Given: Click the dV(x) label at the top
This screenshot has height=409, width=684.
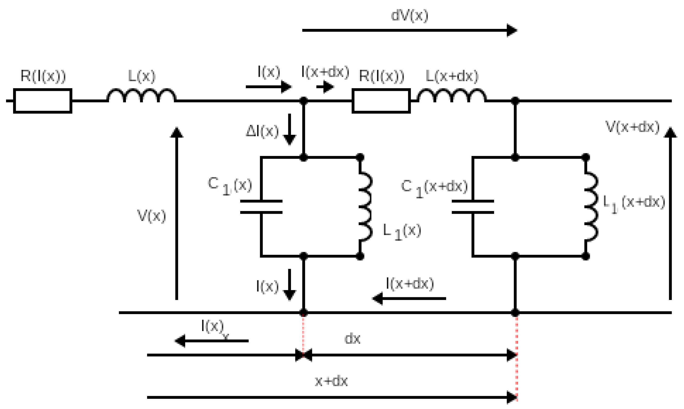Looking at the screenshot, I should click(409, 16).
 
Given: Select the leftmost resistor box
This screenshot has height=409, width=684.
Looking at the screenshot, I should click(43, 101).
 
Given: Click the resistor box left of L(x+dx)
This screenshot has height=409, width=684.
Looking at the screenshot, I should click(381, 101).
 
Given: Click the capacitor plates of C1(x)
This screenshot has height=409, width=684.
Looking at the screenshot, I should click(261, 207).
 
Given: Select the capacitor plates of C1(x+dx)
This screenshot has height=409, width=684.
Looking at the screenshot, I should click(473, 207).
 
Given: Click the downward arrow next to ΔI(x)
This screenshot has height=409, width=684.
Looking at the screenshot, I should click(289, 129).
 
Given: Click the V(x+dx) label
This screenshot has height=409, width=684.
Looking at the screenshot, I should click(633, 127).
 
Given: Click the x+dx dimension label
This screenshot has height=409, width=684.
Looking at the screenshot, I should click(331, 381).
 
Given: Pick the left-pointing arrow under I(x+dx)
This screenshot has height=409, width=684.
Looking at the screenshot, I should click(409, 298).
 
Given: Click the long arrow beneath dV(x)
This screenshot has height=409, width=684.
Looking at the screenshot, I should click(409, 30).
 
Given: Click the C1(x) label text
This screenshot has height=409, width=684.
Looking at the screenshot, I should click(230, 186).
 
